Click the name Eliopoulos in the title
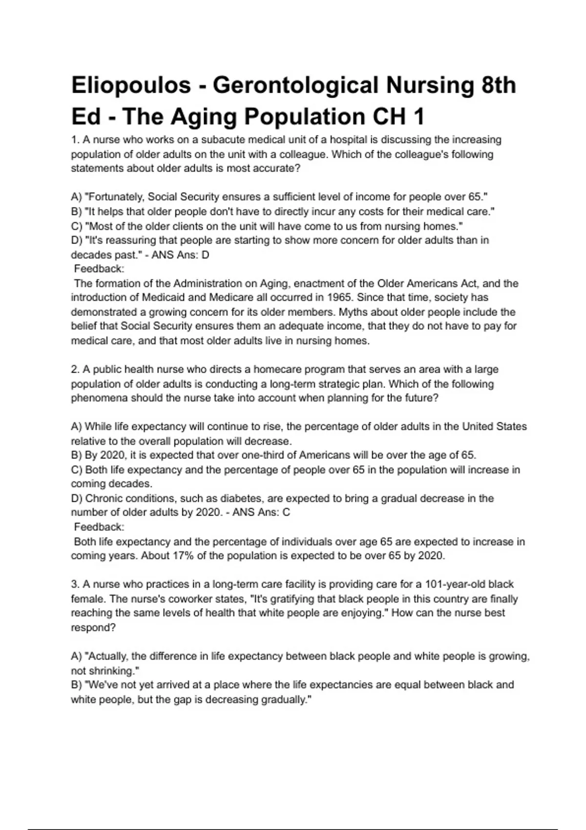tap(131, 85)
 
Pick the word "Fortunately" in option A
tap(115, 197)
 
